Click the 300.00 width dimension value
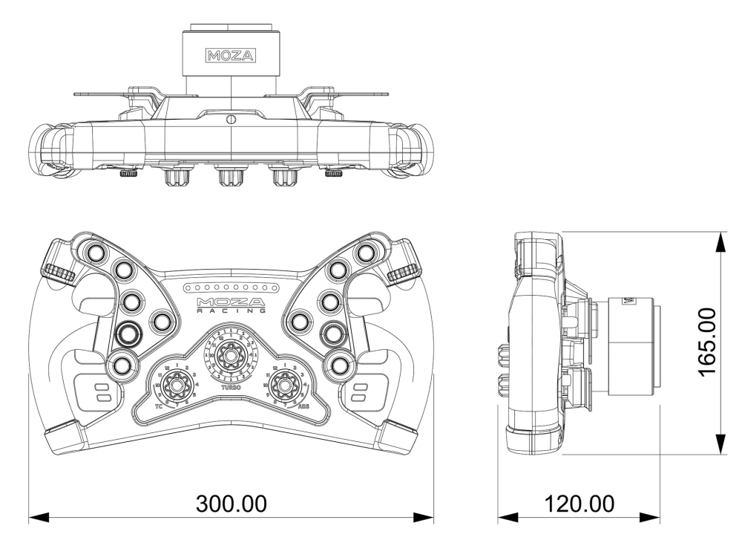(231, 504)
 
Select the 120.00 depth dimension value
(579, 504)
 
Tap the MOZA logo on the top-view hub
(231, 56)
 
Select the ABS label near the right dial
(303, 408)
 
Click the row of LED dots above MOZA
(231, 287)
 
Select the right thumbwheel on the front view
(401, 273)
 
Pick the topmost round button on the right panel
(364, 253)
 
